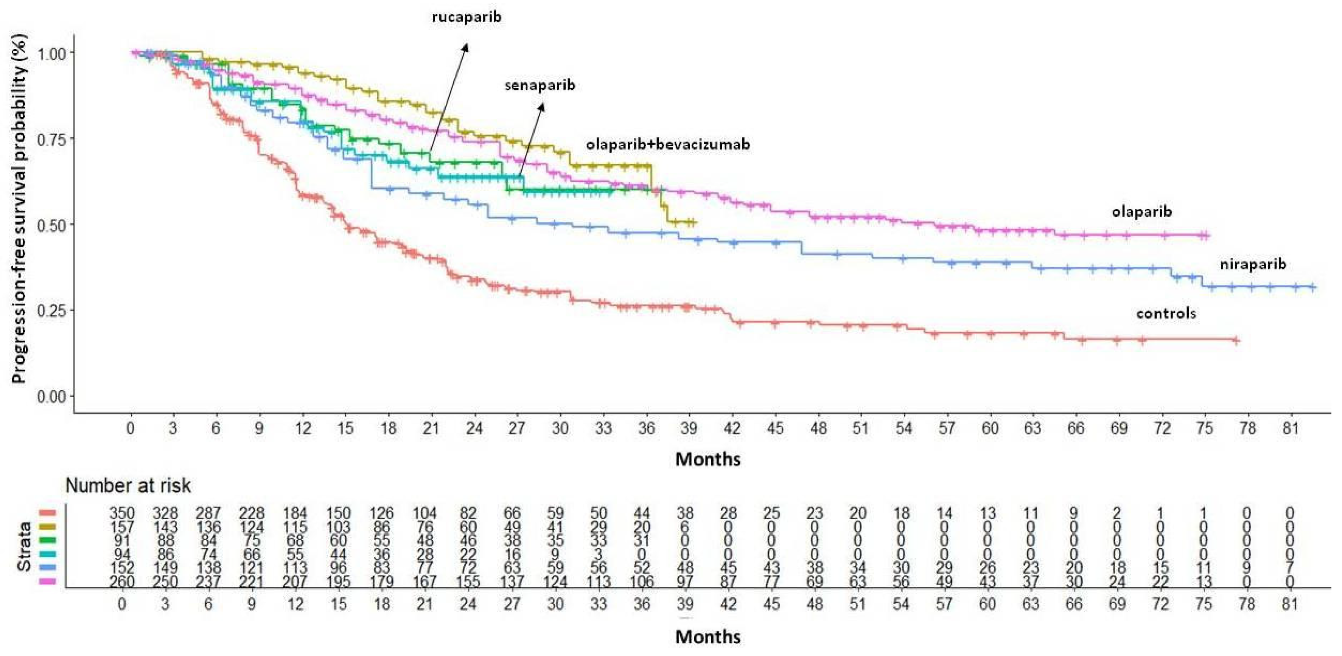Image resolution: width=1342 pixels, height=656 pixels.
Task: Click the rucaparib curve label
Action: point(467,17)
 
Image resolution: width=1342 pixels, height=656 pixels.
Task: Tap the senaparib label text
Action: point(540,85)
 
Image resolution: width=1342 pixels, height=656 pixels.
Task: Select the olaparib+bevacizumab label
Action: point(668,144)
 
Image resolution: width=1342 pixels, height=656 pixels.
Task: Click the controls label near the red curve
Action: point(1166,313)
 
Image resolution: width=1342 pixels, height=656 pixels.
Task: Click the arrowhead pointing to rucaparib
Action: point(466,47)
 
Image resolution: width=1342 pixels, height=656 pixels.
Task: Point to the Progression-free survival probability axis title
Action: point(19,208)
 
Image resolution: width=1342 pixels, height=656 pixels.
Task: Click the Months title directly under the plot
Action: point(708,459)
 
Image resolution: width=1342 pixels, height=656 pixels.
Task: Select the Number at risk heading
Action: point(128,486)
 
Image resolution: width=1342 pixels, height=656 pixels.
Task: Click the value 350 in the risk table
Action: point(122,513)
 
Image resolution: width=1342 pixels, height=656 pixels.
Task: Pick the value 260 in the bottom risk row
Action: point(122,581)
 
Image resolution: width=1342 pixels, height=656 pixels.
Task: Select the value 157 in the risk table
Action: point(122,527)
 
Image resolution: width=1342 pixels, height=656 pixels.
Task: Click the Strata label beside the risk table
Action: point(24,547)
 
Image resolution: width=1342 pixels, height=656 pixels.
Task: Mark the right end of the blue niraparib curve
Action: point(1315,287)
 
